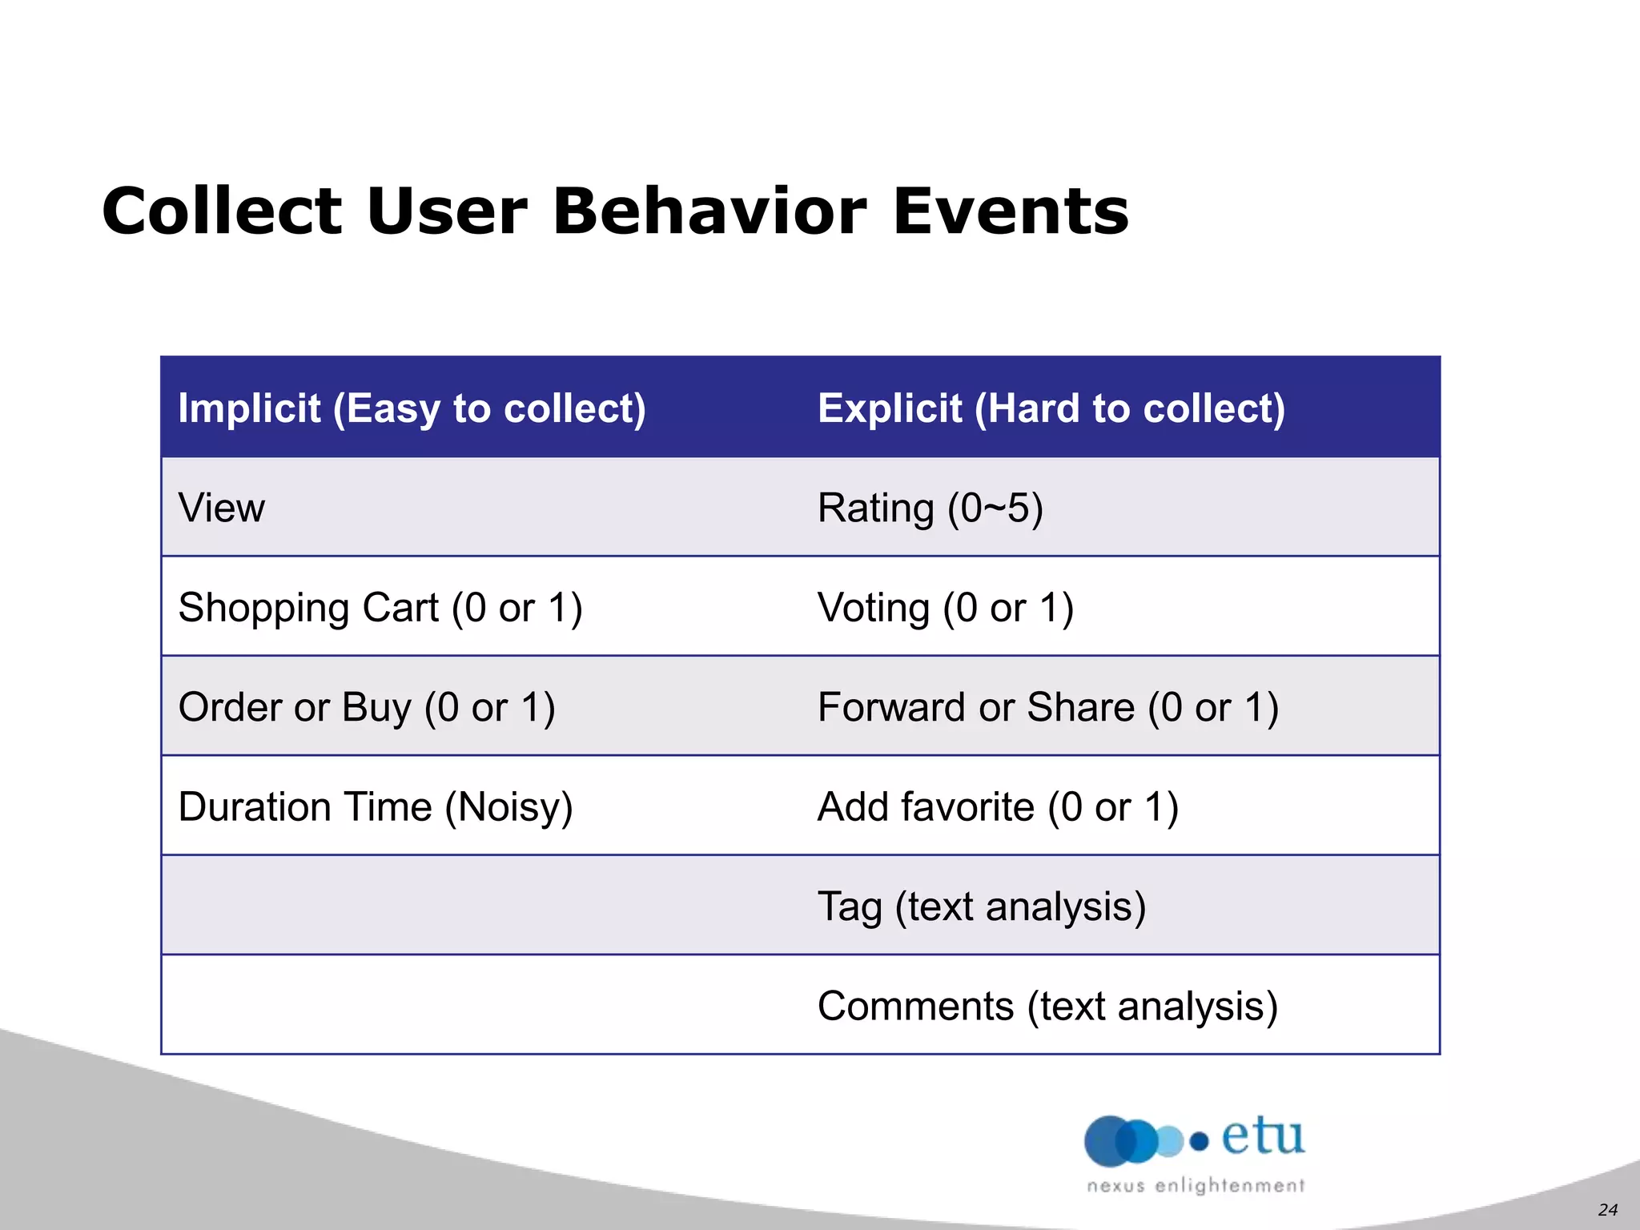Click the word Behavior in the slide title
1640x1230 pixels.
click(709, 211)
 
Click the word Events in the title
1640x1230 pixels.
click(1011, 211)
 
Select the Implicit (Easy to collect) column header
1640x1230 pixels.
click(412, 408)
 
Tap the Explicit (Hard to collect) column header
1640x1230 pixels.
click(1051, 408)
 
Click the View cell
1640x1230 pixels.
click(222, 508)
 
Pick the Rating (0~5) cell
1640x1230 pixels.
click(930, 508)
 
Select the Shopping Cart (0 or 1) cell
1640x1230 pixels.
click(380, 607)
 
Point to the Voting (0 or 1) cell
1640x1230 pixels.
click(946, 607)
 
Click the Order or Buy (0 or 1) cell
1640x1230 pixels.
click(367, 707)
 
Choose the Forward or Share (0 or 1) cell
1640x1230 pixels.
click(1048, 707)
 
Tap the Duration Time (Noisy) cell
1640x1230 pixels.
click(376, 806)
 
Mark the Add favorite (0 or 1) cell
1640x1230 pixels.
click(998, 806)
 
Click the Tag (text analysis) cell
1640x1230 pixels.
click(982, 906)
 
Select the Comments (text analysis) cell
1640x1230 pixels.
click(1047, 1006)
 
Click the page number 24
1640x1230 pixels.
click(1607, 1209)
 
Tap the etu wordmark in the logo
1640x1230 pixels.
click(1263, 1137)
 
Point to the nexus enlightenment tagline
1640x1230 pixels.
click(1196, 1185)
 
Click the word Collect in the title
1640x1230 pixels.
click(223, 211)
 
